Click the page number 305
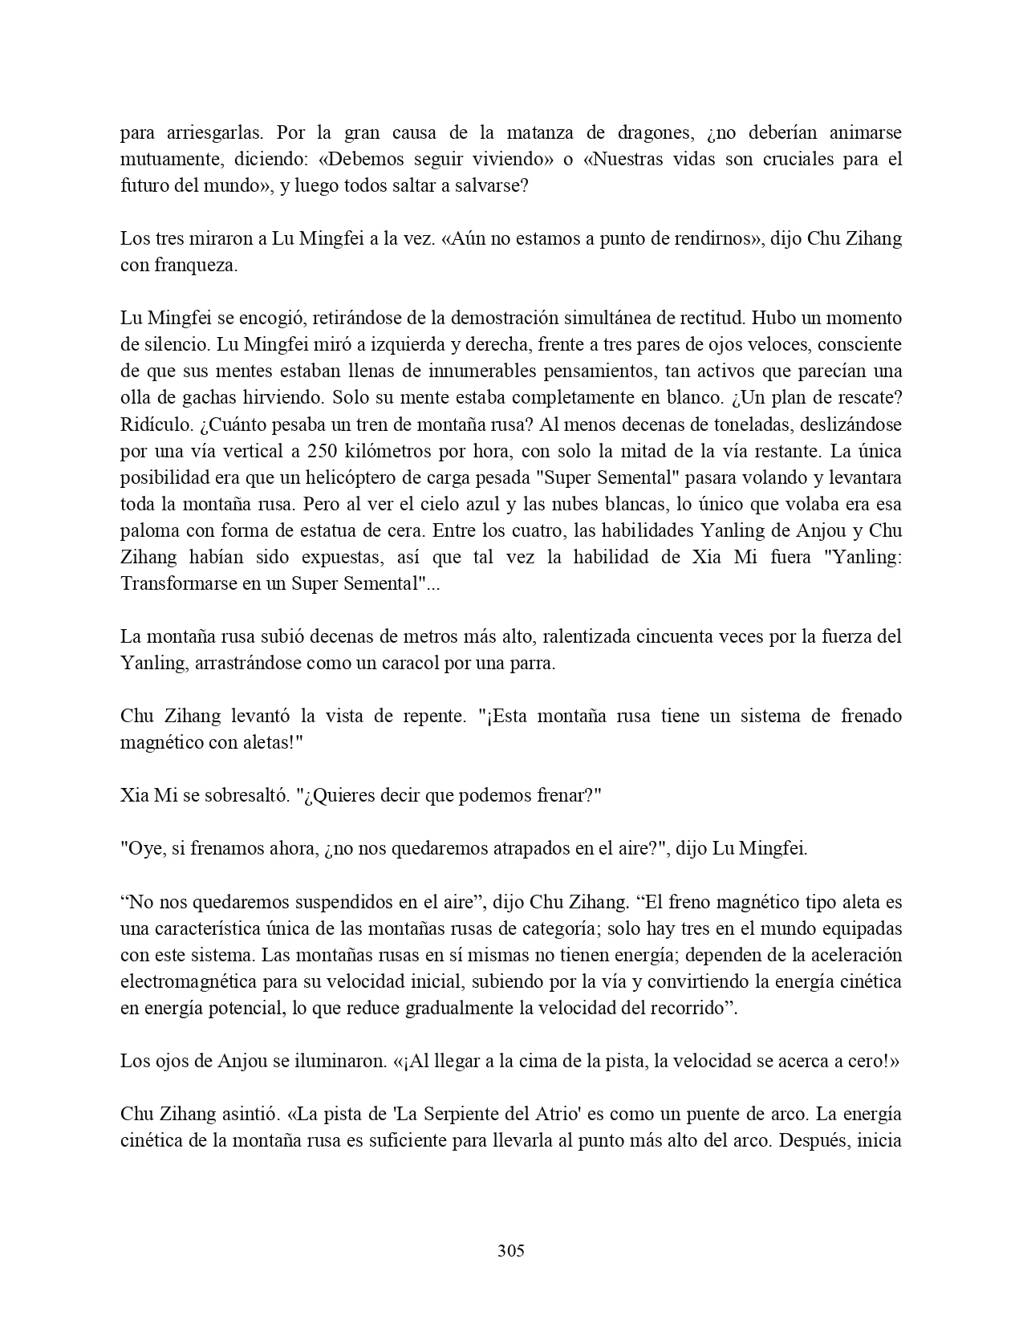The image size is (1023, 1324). click(x=511, y=1250)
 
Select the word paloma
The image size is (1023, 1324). click(x=147, y=530)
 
